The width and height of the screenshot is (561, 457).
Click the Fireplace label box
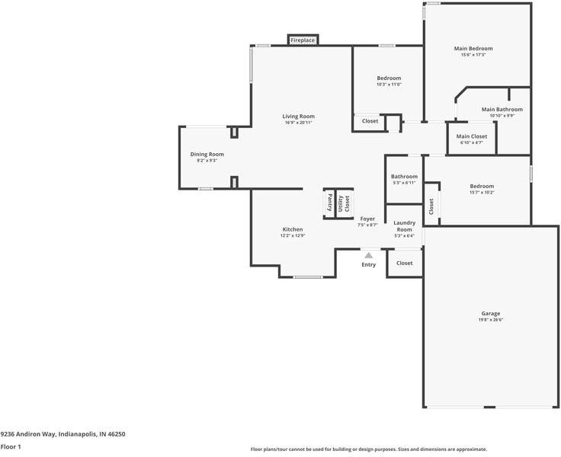(303, 40)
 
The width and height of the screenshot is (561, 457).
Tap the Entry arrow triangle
(368, 256)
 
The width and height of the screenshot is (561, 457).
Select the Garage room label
(491, 313)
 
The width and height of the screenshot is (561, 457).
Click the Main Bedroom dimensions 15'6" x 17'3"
(473, 55)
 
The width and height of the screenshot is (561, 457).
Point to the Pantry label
(330, 203)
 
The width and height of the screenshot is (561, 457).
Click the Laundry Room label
(404, 226)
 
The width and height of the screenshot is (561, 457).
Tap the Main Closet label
(471, 136)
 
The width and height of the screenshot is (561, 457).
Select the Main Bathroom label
(502, 110)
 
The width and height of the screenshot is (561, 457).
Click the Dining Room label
(207, 155)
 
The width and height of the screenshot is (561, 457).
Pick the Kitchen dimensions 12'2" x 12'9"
(293, 236)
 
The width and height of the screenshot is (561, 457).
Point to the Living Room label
(299, 117)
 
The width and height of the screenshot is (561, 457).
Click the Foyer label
(368, 219)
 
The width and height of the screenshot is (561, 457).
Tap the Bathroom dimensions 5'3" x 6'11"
(404, 183)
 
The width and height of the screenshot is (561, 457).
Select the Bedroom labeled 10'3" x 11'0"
(389, 78)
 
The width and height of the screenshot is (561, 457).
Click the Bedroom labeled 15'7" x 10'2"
(482, 186)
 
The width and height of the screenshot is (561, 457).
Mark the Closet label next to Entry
(404, 264)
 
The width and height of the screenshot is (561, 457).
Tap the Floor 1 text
(10, 447)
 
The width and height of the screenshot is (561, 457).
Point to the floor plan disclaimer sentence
(368, 449)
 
